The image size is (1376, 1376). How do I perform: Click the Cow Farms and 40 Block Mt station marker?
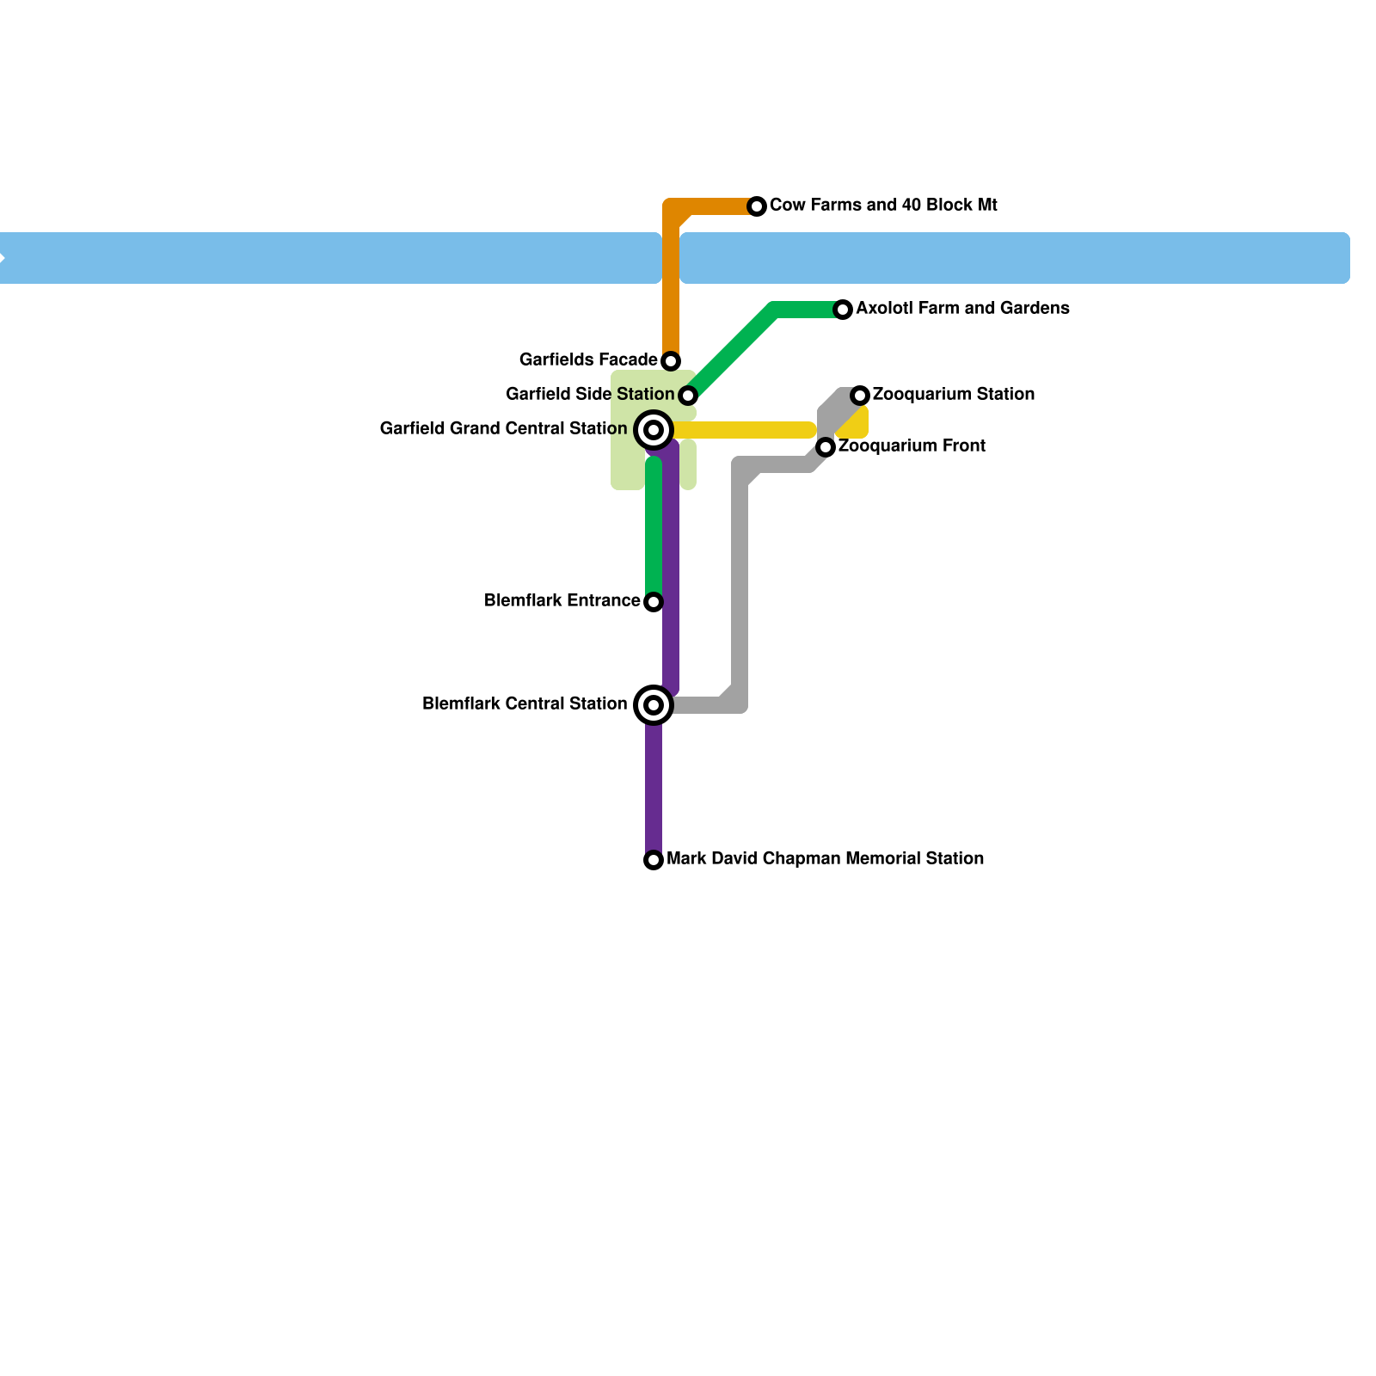[x=757, y=206]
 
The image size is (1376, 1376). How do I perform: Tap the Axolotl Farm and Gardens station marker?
[x=843, y=310]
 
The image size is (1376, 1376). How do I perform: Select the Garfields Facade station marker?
[x=671, y=361]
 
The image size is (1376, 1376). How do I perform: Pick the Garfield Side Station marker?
[x=688, y=396]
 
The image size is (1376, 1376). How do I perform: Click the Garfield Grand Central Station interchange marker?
[x=654, y=430]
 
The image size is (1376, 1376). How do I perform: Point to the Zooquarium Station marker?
[x=860, y=396]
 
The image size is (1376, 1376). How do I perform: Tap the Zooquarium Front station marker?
[x=826, y=447]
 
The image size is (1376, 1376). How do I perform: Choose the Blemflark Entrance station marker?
[x=654, y=602]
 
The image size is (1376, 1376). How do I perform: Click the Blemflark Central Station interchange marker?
[x=654, y=705]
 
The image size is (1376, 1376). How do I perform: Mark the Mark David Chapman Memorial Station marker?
[x=654, y=860]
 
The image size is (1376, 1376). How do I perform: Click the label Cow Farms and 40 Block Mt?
[x=883, y=206]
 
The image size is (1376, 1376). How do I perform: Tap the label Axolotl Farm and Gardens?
[x=962, y=309]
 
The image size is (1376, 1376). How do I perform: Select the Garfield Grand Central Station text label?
[x=503, y=429]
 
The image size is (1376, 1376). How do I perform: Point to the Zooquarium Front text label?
[x=912, y=446]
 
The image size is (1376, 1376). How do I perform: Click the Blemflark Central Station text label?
[x=525, y=704]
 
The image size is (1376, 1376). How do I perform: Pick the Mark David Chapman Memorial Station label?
[x=825, y=859]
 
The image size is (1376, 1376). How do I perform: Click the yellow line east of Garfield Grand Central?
[x=744, y=430]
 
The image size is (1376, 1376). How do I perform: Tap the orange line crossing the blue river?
[x=671, y=258]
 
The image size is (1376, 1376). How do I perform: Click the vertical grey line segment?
[x=740, y=593]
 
